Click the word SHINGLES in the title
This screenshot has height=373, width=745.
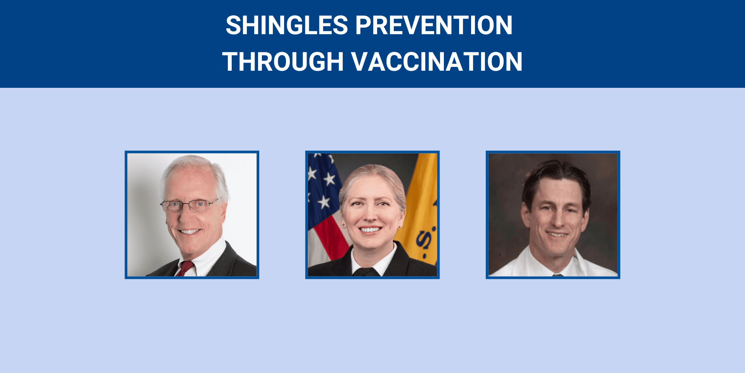click(x=287, y=26)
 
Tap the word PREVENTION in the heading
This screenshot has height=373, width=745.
click(x=434, y=26)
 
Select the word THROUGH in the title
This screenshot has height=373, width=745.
click(x=283, y=62)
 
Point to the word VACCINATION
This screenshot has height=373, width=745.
click(x=437, y=62)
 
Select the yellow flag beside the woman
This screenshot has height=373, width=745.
click(x=421, y=202)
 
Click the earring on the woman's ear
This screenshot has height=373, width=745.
click(x=343, y=225)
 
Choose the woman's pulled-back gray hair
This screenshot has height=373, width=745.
click(x=372, y=173)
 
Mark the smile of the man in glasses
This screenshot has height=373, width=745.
click(x=189, y=232)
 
